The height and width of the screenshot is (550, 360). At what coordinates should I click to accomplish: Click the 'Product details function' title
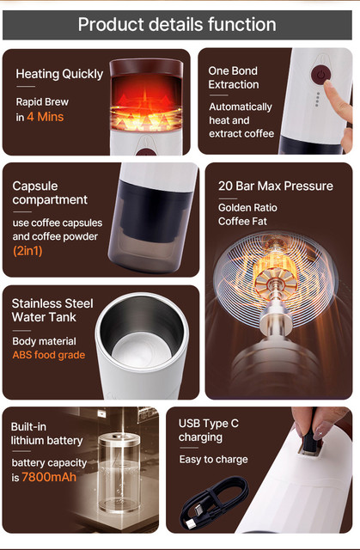point(177,25)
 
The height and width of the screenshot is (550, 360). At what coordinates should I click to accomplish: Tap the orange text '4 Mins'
point(46,117)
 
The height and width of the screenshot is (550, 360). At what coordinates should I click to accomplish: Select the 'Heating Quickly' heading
point(59,74)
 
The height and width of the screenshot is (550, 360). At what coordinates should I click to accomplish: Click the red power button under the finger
point(320,75)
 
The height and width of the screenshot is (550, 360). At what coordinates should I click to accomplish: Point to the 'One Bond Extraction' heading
point(234,77)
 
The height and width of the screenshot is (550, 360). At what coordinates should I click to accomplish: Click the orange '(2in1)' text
point(27,251)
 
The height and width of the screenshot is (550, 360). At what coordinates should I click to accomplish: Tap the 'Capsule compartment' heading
point(50,192)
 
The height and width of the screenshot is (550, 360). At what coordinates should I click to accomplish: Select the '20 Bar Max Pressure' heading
point(276,186)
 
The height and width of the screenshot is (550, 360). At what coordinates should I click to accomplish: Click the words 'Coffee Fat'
point(242,222)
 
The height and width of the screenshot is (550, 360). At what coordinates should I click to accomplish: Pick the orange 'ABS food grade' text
point(49,355)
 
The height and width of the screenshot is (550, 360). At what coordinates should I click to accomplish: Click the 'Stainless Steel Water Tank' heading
point(52,310)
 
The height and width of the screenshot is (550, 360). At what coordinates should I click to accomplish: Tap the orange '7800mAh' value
point(49,477)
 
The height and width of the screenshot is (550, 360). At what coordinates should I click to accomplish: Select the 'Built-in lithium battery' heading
point(46,433)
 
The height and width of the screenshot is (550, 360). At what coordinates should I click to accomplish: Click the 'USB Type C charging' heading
point(209,430)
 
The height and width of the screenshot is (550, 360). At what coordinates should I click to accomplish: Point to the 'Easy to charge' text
point(213,460)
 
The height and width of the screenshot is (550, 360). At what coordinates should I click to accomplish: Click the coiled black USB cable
point(214,504)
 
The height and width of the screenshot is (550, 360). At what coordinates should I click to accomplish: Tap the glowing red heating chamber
point(146,101)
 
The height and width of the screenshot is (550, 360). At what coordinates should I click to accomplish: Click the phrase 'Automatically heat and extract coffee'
point(241,120)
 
